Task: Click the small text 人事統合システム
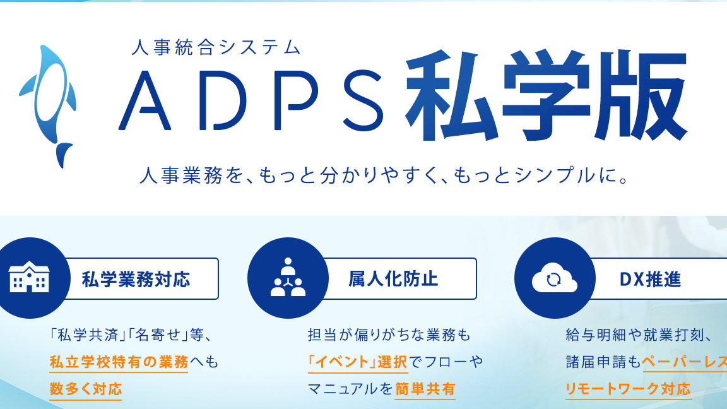click(x=216, y=47)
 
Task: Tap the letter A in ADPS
click(x=145, y=100)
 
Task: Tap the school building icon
click(x=29, y=277)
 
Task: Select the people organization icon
click(x=288, y=277)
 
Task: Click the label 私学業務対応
click(x=136, y=280)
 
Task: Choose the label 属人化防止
click(x=393, y=279)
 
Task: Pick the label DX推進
click(x=651, y=280)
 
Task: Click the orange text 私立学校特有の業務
click(x=119, y=362)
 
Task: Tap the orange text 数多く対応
click(x=86, y=389)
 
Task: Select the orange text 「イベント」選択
click(x=358, y=362)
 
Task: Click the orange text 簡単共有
click(x=425, y=389)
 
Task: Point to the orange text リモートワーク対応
click(x=629, y=389)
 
